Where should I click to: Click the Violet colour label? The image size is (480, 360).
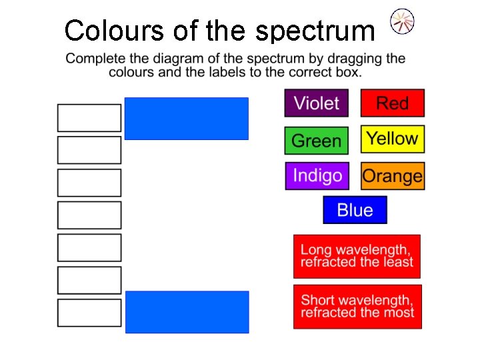tap(317, 103)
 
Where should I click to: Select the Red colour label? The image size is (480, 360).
tap(393, 103)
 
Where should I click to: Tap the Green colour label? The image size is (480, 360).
tap(317, 141)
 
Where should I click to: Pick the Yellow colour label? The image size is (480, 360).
tap(393, 139)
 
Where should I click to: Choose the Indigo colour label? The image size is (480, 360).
tap(317, 176)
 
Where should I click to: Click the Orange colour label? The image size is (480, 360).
tap(393, 176)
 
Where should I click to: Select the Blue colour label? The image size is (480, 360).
tap(355, 210)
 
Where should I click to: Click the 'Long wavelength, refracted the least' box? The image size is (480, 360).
tap(357, 256)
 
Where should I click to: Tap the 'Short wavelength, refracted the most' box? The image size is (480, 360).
tap(357, 307)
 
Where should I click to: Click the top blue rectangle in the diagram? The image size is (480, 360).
tap(186, 119)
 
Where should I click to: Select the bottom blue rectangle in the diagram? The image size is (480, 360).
tap(187, 311)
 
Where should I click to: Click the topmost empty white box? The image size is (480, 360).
tap(89, 118)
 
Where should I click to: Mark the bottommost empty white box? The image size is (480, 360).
tap(89, 313)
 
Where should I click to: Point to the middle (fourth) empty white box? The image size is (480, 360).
tap(89, 215)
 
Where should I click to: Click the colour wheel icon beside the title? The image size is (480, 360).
tap(402, 21)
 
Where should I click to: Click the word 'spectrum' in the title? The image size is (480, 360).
tap(315, 31)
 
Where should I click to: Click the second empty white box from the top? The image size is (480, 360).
tap(89, 150)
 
